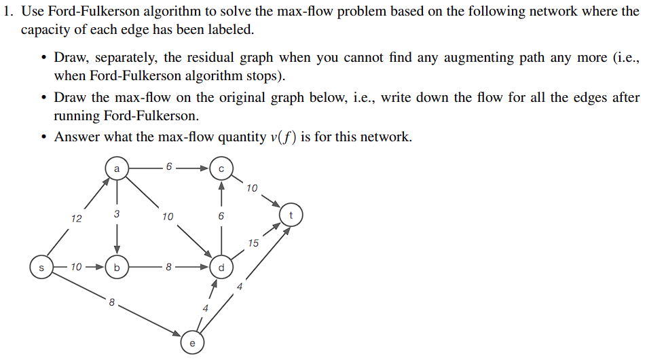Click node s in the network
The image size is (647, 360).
tap(41, 267)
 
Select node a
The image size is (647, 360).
tap(117, 166)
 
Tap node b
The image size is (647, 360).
tap(117, 267)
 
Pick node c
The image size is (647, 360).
tap(221, 166)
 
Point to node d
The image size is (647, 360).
tap(221, 267)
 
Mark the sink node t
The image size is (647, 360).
tap(291, 216)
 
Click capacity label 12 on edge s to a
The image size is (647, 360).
tap(76, 218)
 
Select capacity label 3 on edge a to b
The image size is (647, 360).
tap(117, 214)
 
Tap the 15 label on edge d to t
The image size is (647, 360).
tap(253, 242)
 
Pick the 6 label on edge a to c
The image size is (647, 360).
tap(168, 166)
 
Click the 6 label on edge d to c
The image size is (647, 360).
tap(221, 217)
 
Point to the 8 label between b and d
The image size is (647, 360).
tap(168, 267)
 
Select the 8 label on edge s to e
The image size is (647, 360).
tap(111, 302)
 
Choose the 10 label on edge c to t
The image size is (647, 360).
tap(252, 187)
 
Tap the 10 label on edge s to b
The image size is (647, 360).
tap(76, 267)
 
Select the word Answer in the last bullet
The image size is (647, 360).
tap(77, 137)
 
